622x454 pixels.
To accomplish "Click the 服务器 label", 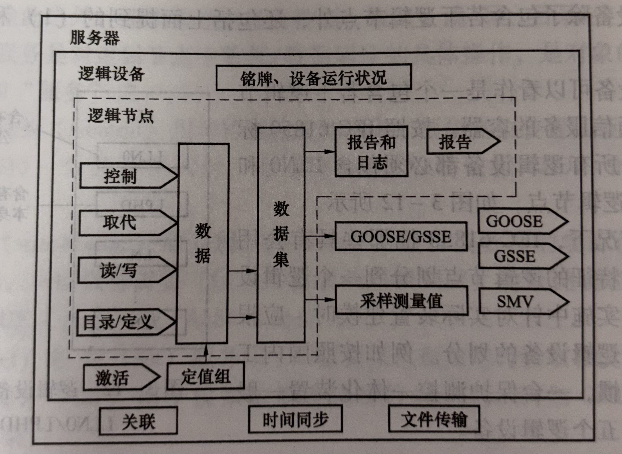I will (x=95, y=38).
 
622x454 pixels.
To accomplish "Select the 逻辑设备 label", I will (x=111, y=74).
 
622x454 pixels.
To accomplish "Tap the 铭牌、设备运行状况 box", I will (x=313, y=77).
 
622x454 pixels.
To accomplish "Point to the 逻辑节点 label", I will (x=120, y=116).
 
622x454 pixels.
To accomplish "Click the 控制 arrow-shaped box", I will (x=124, y=176).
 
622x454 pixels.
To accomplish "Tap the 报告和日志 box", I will (x=371, y=152).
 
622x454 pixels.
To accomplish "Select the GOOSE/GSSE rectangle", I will (x=401, y=236).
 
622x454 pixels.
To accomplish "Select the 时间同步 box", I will (x=295, y=419).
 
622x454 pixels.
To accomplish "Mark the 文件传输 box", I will (x=434, y=419).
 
